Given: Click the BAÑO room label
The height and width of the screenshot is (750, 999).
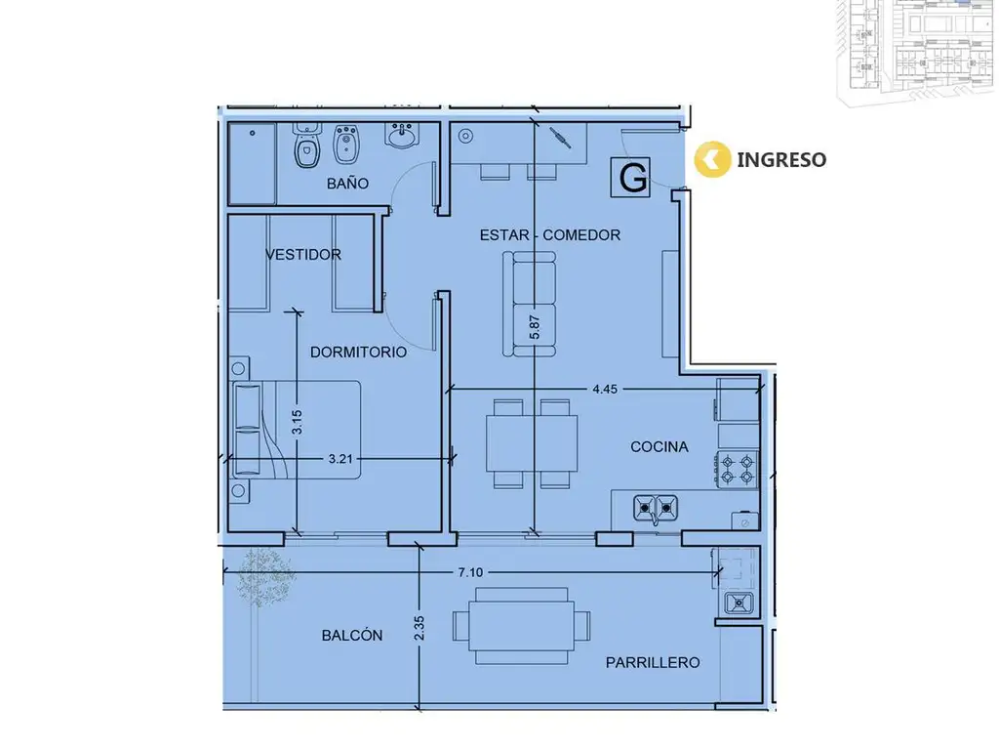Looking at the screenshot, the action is (347, 184).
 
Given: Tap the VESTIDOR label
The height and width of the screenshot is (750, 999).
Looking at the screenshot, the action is (303, 255).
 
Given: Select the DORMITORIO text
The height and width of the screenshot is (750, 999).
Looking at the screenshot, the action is (358, 352).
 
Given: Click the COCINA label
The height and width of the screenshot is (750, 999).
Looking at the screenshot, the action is (659, 447).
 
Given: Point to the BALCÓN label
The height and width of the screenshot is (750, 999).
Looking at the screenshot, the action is (351, 635).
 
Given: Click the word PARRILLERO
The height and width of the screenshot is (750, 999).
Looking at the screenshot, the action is (653, 663).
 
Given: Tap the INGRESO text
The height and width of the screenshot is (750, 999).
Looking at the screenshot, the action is (781, 159).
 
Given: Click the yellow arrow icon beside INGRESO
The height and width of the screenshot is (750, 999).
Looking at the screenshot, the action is (711, 159).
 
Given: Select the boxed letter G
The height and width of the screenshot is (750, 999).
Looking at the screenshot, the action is (631, 178).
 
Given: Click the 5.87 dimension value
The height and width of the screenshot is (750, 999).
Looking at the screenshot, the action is (535, 327).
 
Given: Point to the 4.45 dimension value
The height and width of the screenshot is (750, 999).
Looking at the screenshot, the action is (605, 389).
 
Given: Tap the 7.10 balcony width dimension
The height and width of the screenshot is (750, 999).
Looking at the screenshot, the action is (470, 572).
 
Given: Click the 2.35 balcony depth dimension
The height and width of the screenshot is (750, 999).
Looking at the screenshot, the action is (419, 628).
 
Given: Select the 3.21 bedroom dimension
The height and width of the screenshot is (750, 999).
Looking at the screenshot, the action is (340, 459).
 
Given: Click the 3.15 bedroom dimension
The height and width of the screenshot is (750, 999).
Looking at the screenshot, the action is (297, 422).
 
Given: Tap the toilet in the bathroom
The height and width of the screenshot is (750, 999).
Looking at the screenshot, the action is (307, 146).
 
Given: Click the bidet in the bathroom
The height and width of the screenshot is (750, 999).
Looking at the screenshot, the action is (346, 145).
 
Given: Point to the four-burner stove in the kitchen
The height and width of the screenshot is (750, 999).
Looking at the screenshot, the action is (738, 470).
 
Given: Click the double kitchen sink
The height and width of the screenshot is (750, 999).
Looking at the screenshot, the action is (655, 508).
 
